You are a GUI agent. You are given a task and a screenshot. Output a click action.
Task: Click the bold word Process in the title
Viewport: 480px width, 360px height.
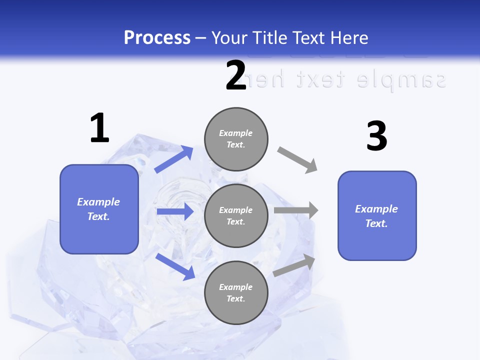pos(157,38)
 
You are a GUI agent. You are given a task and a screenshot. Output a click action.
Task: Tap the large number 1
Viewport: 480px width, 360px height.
pos(99,128)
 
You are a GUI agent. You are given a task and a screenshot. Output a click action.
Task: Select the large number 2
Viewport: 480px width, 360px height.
pos(236,75)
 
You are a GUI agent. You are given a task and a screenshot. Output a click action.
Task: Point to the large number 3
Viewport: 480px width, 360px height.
pos(376,136)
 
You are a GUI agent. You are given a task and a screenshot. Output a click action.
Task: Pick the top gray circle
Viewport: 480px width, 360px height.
pos(236,139)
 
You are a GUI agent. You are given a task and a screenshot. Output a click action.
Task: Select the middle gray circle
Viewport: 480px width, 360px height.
pos(236,215)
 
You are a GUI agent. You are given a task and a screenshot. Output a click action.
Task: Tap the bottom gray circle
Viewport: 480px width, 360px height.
pos(236,292)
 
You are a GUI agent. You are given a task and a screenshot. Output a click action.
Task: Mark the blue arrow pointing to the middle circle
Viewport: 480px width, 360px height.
pos(174,211)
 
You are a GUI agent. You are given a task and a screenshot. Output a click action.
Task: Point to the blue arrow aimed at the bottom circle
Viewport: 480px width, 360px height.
pos(175,266)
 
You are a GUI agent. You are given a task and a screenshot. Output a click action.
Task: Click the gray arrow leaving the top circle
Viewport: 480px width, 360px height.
pos(297,160)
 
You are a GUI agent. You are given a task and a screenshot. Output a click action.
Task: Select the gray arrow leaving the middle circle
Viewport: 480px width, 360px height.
pos(295,210)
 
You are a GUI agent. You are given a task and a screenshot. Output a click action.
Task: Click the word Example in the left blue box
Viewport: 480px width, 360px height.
pos(98,202)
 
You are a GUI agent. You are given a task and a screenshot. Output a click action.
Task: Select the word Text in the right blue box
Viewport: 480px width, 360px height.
pos(375,223)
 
